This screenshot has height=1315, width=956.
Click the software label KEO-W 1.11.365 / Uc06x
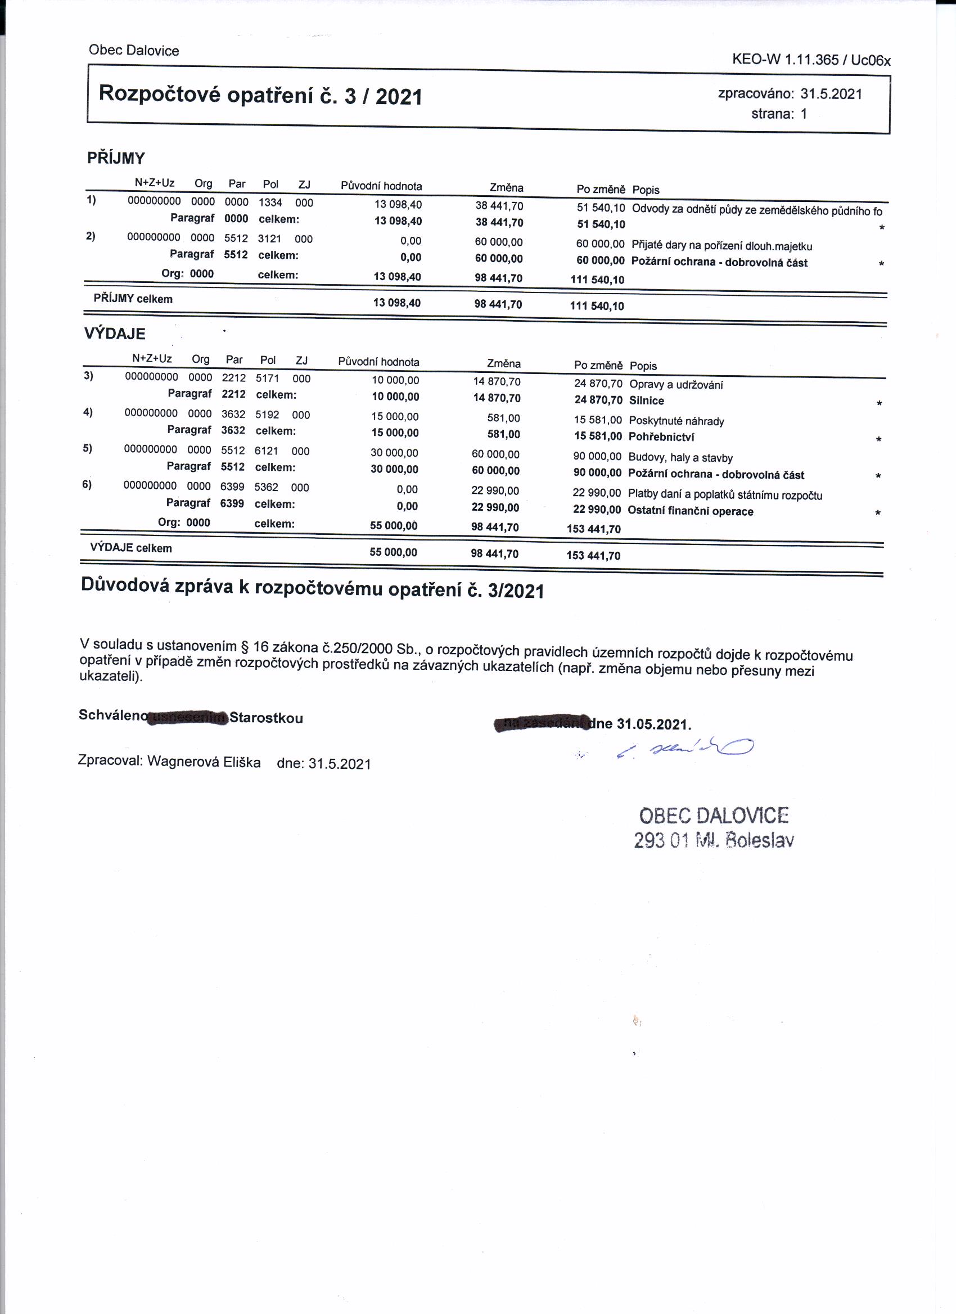pyautogui.click(x=811, y=60)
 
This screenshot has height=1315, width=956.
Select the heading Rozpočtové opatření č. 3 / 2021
pyautogui.click(x=260, y=95)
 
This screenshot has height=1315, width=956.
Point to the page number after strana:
pyautogui.click(x=804, y=114)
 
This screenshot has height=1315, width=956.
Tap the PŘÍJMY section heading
pyautogui.click(x=116, y=157)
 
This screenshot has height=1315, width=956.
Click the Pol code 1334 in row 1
pyautogui.click(x=270, y=203)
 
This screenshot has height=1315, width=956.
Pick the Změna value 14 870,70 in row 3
pyautogui.click(x=497, y=381)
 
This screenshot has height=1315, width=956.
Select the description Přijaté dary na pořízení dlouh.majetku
pyautogui.click(x=722, y=246)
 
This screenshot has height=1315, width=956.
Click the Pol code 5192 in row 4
pyautogui.click(x=267, y=415)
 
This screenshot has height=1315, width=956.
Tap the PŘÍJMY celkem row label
pyautogui.click(x=133, y=299)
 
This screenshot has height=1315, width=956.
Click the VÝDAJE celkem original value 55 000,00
pyautogui.click(x=393, y=552)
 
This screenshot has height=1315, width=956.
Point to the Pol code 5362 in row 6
pyautogui.click(x=266, y=487)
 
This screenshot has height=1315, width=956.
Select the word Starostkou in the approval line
pyautogui.click(x=266, y=718)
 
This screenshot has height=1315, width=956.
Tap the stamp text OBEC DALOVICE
pyautogui.click(x=714, y=816)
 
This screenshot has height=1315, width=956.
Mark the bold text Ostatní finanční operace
pyautogui.click(x=691, y=511)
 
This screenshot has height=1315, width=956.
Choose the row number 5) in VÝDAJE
pyautogui.click(x=87, y=448)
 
